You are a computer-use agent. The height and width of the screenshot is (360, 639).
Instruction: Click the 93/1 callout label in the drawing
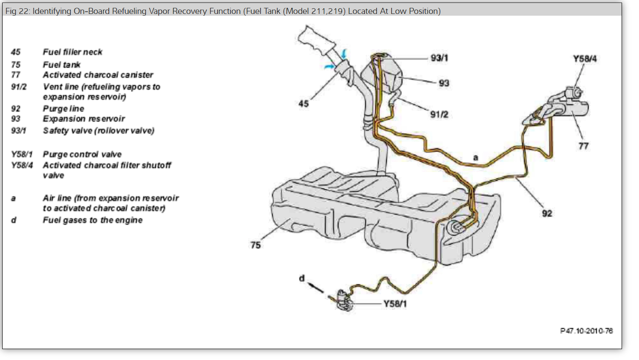439,58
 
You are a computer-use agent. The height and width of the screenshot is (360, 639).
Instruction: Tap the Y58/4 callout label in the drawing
585,59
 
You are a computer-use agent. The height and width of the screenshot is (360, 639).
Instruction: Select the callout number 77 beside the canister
583,146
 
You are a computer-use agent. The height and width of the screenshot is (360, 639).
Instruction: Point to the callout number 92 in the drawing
547,213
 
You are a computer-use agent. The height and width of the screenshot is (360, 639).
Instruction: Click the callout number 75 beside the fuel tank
256,245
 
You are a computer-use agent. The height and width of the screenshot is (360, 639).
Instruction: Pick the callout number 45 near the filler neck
304,104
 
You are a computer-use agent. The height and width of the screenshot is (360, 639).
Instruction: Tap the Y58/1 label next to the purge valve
395,303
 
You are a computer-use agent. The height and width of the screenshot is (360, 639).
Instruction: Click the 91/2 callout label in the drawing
439,114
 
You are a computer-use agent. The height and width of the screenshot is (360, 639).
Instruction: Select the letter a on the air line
475,158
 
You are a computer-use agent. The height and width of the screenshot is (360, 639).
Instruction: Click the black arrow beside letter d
316,288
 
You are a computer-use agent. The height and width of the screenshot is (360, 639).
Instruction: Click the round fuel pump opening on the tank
455,227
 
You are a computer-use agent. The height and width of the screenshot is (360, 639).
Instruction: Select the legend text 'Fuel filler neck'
72,52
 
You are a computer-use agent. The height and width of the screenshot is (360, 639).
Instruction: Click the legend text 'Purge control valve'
82,155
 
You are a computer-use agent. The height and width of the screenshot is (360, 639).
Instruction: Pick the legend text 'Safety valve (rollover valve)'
98,131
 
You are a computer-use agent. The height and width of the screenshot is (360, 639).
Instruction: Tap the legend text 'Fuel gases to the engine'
92,220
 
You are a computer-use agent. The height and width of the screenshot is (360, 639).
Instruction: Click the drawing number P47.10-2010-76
586,331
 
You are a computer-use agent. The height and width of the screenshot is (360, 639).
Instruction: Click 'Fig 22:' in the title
17,11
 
